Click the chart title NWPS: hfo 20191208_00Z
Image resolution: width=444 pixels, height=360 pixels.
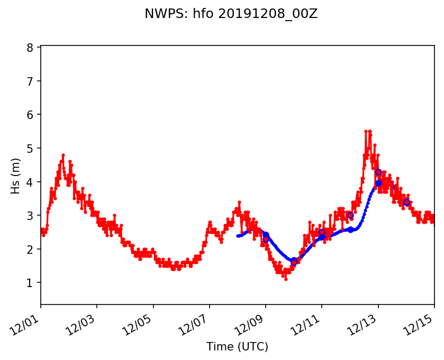pyautogui.click(x=231, y=14)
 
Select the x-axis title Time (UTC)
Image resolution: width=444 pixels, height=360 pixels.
pyautogui.click(x=237, y=347)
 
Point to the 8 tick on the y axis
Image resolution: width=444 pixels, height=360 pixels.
pyautogui.click(x=30, y=48)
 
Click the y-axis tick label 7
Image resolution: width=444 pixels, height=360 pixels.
pyautogui.click(x=30, y=81)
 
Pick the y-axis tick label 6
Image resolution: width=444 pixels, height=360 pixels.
pyautogui.click(x=30, y=115)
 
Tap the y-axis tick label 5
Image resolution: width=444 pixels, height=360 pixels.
pyautogui.click(x=30, y=148)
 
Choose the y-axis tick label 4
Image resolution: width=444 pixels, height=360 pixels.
pyautogui.click(x=30, y=182)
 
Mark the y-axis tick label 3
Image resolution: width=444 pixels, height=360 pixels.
pyautogui.click(x=30, y=216)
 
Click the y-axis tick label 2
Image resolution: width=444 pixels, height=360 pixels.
pyautogui.click(x=30, y=249)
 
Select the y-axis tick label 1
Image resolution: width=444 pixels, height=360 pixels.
pyautogui.click(x=30, y=283)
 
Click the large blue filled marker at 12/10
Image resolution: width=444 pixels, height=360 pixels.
pyautogui.click(x=294, y=260)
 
